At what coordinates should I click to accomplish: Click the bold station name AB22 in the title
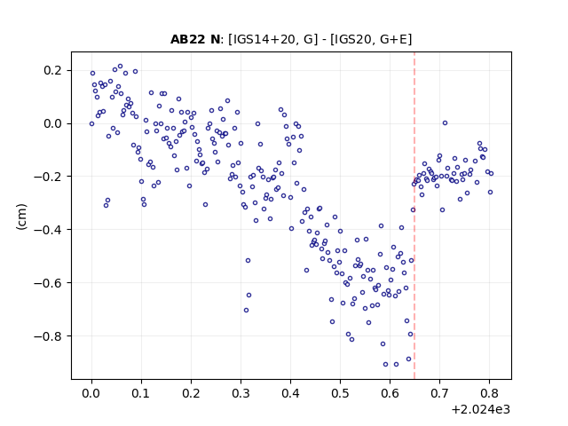tap(187, 39)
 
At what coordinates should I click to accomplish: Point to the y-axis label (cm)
tap(21, 217)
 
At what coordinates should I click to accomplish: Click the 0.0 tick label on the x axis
tap(91, 393)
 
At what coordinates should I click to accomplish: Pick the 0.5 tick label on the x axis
tap(340, 393)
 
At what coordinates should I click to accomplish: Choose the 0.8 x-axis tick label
tap(489, 393)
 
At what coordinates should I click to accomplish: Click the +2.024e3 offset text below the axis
tap(480, 410)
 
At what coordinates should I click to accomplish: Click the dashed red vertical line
tap(414, 216)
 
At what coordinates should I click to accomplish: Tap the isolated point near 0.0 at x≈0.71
tap(445, 123)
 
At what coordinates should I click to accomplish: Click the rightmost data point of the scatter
tap(491, 174)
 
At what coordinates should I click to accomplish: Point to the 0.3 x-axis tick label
tap(241, 393)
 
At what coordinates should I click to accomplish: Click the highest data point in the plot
tap(121, 67)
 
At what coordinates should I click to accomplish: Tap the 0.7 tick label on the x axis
tap(440, 393)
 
